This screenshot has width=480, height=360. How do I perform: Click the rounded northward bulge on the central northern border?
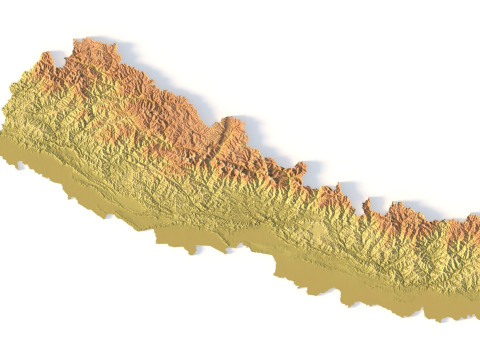[x=232, y=127]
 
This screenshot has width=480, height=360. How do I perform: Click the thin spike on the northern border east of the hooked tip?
[x=368, y=204]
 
